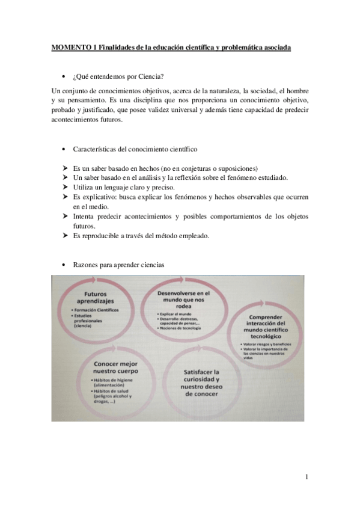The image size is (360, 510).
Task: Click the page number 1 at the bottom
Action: point(307,478)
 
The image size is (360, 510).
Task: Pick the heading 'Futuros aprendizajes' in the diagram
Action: point(95,298)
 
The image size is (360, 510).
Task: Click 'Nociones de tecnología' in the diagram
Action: point(181,328)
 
